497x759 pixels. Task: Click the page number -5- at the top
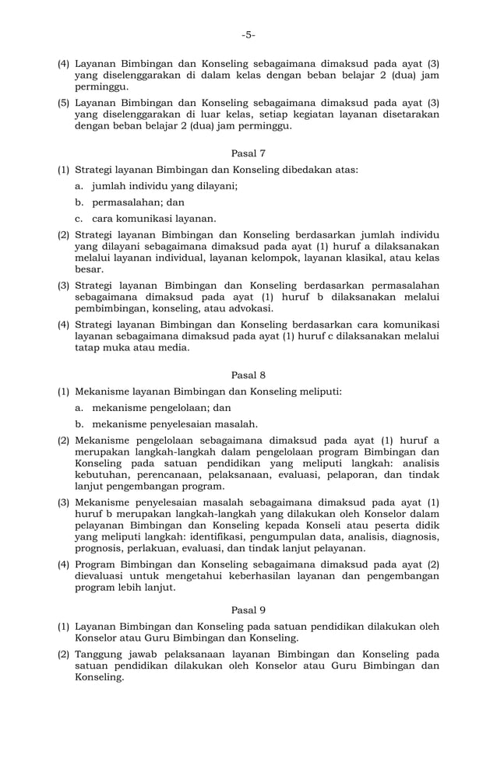248,35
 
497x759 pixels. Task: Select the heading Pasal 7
248,153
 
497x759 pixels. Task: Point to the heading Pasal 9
248,610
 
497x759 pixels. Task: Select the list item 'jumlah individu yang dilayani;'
164,186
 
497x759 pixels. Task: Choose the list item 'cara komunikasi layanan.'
154,219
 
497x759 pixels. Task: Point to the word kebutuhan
101,475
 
